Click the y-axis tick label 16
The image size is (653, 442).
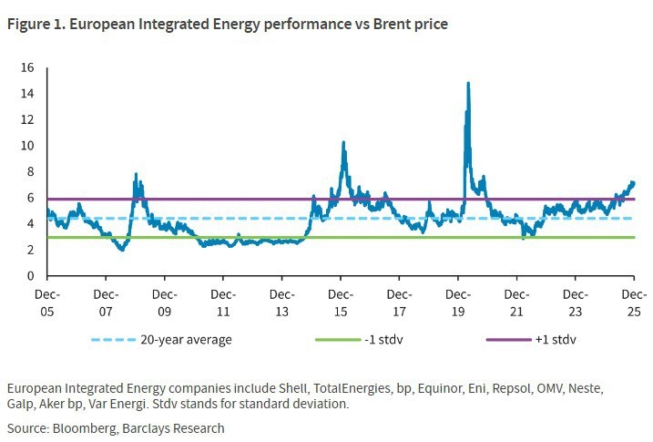(27, 67)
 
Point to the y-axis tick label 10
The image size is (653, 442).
(27, 146)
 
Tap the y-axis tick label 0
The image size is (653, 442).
(30, 275)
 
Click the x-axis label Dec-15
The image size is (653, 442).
(341, 303)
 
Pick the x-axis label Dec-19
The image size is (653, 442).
(458, 303)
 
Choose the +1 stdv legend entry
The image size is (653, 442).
(556, 339)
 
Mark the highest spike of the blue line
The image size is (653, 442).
(468, 83)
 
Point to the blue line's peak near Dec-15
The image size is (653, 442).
(342, 142)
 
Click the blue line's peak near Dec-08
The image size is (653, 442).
(136, 174)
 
